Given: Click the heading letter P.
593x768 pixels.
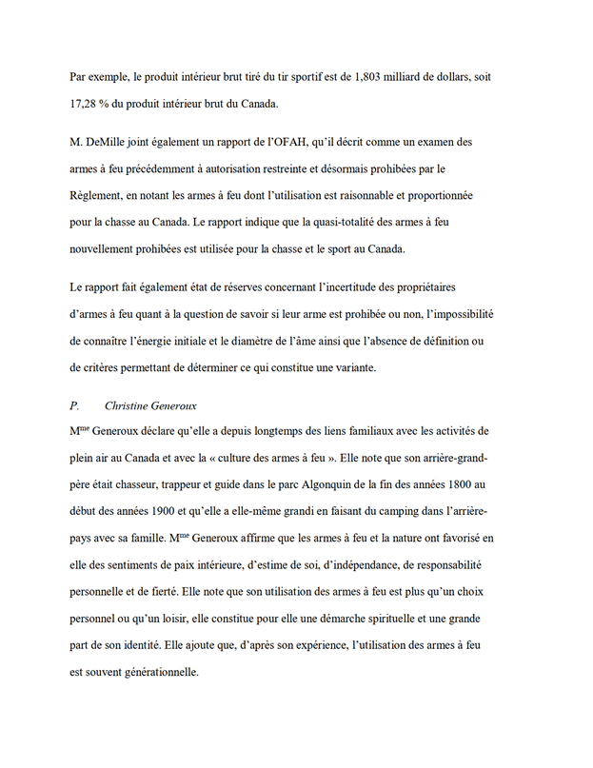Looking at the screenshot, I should [x=74, y=406].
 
